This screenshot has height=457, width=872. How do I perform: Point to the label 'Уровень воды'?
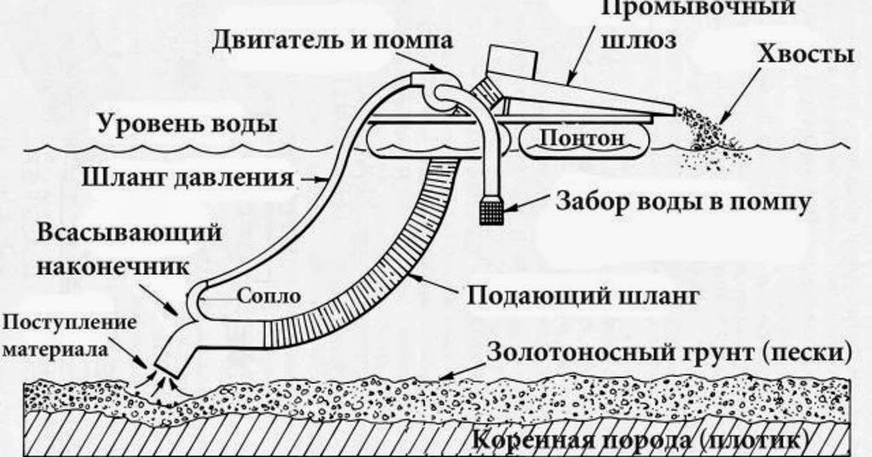click(186, 124)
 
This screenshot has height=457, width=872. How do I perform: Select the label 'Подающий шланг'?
click(582, 295)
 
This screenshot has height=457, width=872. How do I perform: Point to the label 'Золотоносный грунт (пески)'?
click(668, 351)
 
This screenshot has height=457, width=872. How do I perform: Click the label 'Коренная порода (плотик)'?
click(637, 442)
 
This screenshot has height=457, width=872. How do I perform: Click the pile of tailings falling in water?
click(715, 140)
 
